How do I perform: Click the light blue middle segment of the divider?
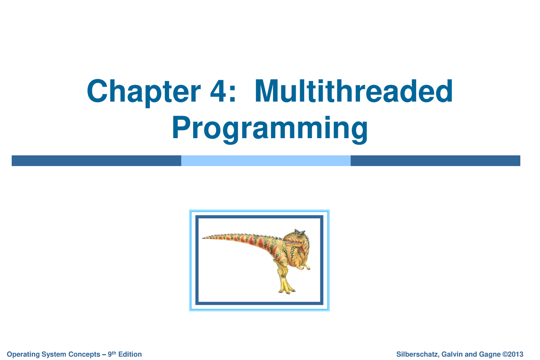coord(265,161)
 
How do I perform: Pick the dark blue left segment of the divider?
coord(96,161)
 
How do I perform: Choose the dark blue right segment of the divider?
coord(435,161)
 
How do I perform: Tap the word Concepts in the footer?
coord(89,355)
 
